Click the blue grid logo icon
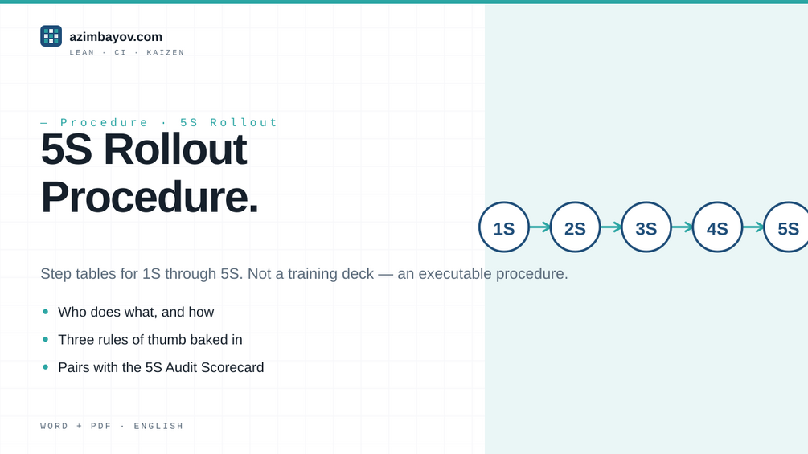coord(51,36)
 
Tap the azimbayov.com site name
coord(116,36)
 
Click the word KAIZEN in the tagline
coord(166,52)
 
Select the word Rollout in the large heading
coord(175,149)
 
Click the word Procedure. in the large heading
coord(150,197)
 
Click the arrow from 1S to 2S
coord(539,227)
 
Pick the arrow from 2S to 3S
coord(611,227)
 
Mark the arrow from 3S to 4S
coord(682,227)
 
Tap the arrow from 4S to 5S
coord(753,227)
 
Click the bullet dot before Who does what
coord(45,312)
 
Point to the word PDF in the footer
coord(101,426)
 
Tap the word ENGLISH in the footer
coord(158,426)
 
